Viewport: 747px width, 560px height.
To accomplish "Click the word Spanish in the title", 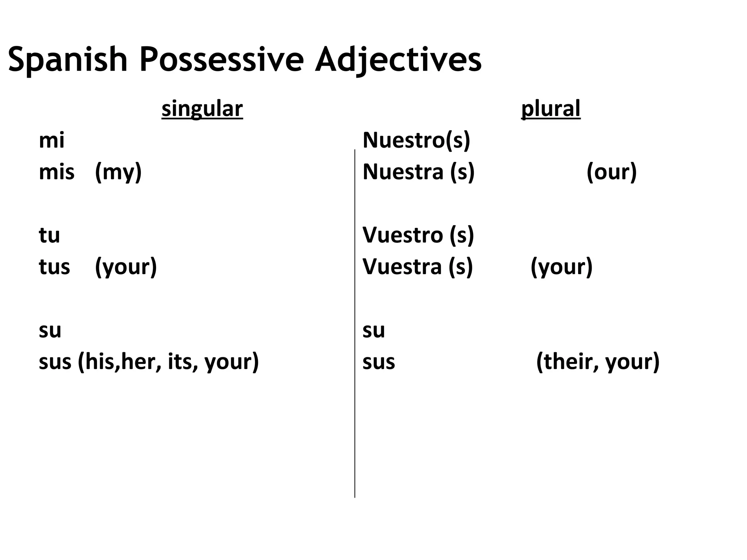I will (68, 59).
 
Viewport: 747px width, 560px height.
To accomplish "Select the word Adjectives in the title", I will (398, 59).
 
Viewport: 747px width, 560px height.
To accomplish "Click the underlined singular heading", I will (202, 109).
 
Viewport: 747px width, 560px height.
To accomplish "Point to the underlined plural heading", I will (551, 109).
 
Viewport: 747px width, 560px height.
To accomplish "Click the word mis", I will (57, 172).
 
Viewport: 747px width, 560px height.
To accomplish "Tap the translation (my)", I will (118, 172).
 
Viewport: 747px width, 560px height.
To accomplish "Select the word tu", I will (49, 235).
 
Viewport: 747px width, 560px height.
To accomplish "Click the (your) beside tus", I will (126, 267).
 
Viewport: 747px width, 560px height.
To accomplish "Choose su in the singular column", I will (50, 330).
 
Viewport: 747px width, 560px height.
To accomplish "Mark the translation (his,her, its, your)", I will (168, 362).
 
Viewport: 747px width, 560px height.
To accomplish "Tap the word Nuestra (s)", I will (418, 172).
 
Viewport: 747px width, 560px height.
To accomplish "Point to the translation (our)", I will (612, 172).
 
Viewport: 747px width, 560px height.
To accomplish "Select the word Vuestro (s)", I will (418, 235).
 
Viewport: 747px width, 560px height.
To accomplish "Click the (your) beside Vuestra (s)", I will (561, 267).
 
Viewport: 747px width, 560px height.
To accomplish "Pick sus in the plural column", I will (379, 362).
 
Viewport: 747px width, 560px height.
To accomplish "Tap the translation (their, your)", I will (598, 362).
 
